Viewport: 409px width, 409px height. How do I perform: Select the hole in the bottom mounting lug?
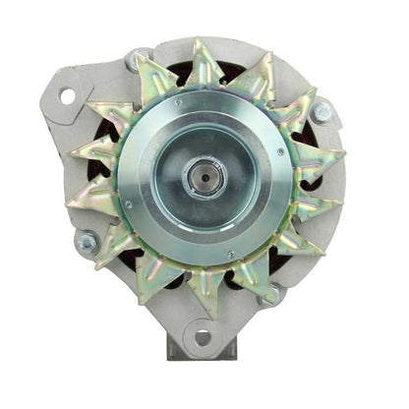(x=203, y=336)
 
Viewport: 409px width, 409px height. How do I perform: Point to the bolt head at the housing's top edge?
(x=133, y=61)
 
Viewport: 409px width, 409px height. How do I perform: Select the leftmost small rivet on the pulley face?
(x=127, y=204)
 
